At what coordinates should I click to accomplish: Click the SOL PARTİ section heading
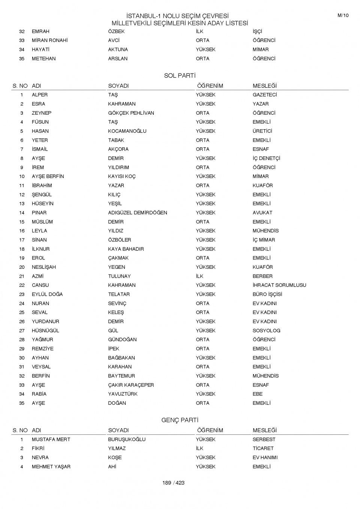pyautogui.click(x=180, y=76)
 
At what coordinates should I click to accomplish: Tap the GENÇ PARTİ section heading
pyautogui.click(x=180, y=420)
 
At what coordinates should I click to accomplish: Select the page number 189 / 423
pyautogui.click(x=174, y=483)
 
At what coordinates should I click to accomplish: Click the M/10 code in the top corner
pyautogui.click(x=343, y=15)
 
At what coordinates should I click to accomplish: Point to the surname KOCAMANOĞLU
pyautogui.click(x=127, y=131)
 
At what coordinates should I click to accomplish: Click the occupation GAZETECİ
pyautogui.click(x=265, y=95)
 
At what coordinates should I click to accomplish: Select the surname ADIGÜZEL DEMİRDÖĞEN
pyautogui.click(x=138, y=213)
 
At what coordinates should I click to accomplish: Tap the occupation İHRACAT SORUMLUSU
pyautogui.click(x=279, y=285)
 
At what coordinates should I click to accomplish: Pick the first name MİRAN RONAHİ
pyautogui.click(x=49, y=40)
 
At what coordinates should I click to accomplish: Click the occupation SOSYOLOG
pyautogui.click(x=266, y=331)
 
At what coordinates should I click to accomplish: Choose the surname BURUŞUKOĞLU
pyautogui.click(x=127, y=439)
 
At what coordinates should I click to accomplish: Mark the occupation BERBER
pyautogui.click(x=262, y=276)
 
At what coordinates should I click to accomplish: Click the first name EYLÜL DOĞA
pyautogui.click(x=47, y=294)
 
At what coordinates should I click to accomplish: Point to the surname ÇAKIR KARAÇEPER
pyautogui.click(x=131, y=385)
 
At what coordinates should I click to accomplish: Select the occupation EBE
pyautogui.click(x=258, y=394)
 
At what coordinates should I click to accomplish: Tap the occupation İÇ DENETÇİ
pyautogui.click(x=266, y=158)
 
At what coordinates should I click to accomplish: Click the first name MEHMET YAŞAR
pyautogui.click(x=51, y=467)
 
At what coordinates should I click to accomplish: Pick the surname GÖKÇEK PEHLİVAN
pyautogui.click(x=131, y=113)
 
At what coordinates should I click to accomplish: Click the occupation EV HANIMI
pyautogui.click(x=265, y=458)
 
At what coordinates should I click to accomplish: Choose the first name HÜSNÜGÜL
pyautogui.click(x=45, y=331)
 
